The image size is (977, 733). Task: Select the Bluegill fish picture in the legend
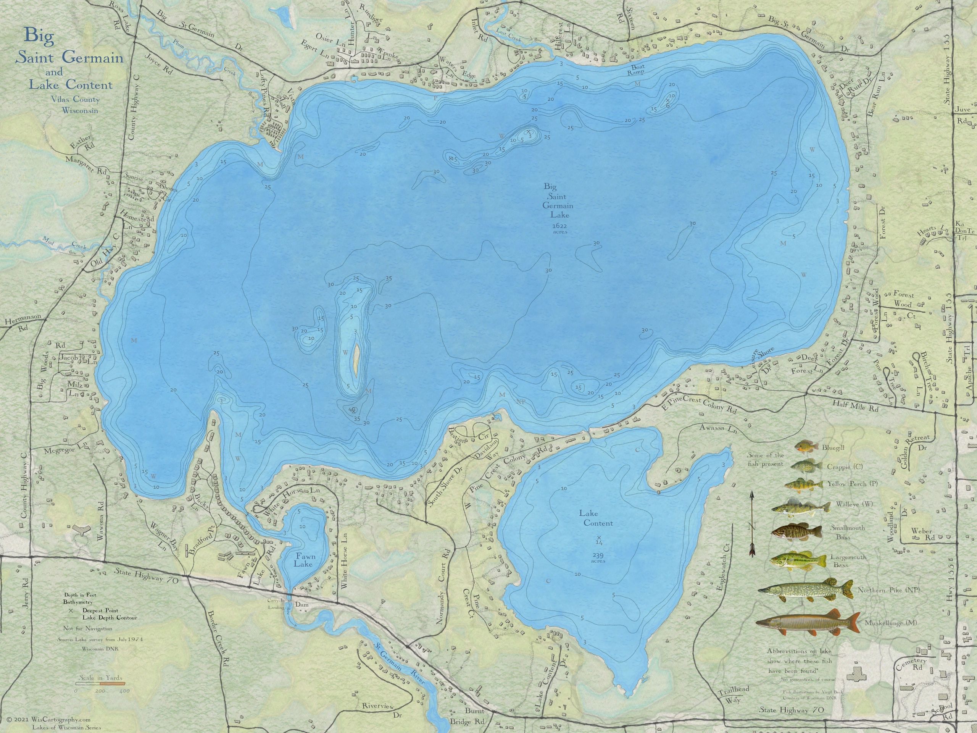[806, 447]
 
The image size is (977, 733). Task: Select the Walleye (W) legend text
[854, 505]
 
